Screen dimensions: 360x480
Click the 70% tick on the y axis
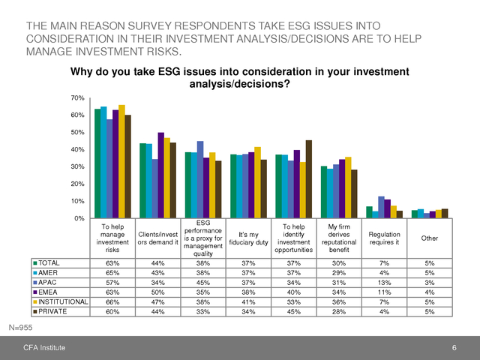coord(78,98)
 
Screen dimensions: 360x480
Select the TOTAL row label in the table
coord(49,263)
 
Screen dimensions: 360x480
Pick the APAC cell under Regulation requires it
coord(384,282)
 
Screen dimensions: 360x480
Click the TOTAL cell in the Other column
coord(429,263)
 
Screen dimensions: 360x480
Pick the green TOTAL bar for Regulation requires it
coord(369,212)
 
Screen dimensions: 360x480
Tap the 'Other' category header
coord(429,238)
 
